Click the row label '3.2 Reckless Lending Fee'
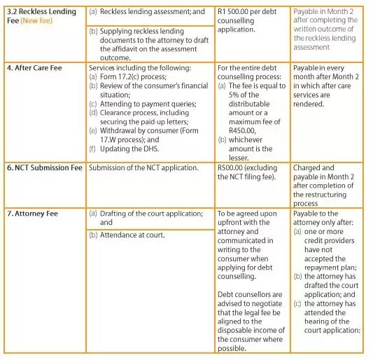(x=42, y=12)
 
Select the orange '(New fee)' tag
(x=36, y=22)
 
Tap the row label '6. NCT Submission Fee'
(x=43, y=168)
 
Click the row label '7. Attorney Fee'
(x=33, y=212)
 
